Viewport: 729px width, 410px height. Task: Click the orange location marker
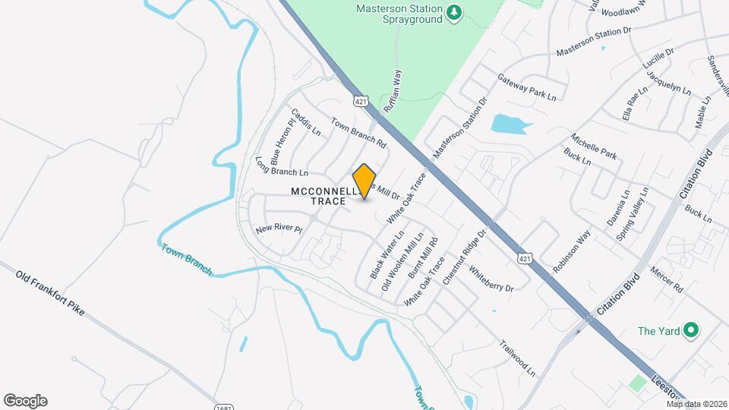point(364,181)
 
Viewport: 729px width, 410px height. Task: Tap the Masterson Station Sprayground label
point(399,14)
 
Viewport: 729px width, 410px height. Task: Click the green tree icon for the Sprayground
point(454,11)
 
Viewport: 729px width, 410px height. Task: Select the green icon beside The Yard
point(690,330)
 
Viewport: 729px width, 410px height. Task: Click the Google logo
point(25,401)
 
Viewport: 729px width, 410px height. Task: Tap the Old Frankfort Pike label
point(49,292)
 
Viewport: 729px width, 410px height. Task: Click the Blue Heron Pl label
point(281,142)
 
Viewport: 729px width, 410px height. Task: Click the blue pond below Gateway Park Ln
point(510,124)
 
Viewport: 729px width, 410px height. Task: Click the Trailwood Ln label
point(517,358)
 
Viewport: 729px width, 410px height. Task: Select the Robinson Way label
point(571,252)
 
